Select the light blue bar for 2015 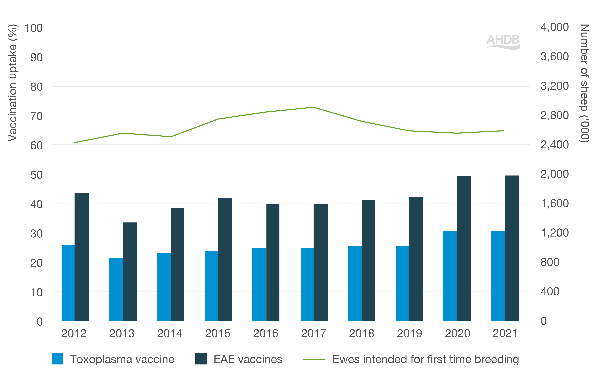(x=212, y=286)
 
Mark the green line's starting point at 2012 (x=75, y=143)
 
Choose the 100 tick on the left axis (x=33, y=28)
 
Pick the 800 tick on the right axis (x=550, y=262)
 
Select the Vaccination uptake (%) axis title (x=13, y=83)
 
